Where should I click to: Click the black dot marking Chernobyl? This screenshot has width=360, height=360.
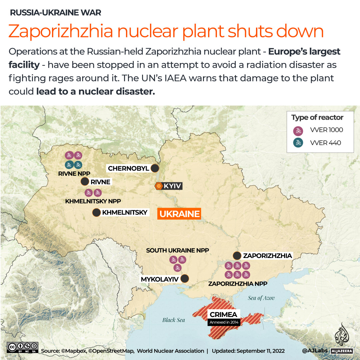(155, 168)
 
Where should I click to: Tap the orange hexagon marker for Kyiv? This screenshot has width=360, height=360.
(159, 186)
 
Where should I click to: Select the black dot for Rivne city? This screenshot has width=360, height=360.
(85, 182)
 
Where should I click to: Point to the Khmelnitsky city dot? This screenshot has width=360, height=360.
(97, 213)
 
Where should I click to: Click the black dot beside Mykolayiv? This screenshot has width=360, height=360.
(184, 279)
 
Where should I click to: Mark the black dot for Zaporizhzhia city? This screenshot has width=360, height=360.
(237, 256)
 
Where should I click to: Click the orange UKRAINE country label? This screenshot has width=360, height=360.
(179, 214)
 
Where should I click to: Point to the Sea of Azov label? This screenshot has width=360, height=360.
(261, 298)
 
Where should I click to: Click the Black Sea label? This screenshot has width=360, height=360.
(174, 320)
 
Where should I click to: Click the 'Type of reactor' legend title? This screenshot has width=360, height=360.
(317, 117)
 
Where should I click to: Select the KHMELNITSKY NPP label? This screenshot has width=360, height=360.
(93, 201)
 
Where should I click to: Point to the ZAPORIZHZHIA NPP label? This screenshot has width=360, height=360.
(238, 284)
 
